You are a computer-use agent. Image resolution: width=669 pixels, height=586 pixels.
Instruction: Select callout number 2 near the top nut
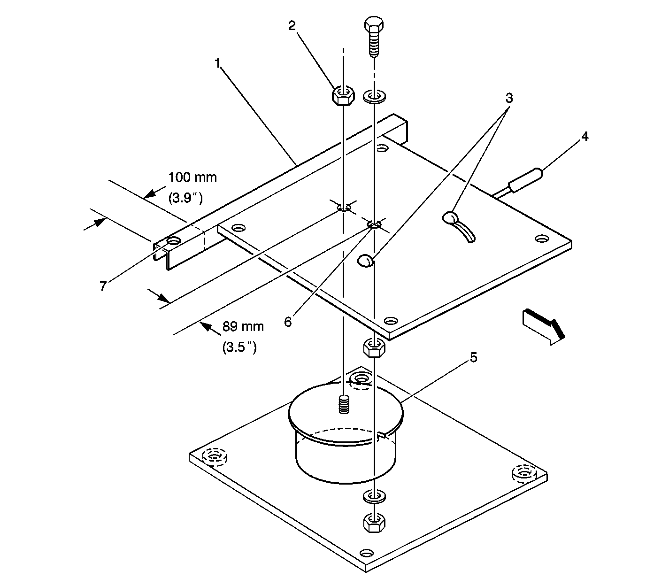point(292,25)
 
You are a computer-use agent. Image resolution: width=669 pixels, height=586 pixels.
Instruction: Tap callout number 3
point(509,99)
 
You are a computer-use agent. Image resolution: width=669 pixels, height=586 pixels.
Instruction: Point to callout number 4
point(584,137)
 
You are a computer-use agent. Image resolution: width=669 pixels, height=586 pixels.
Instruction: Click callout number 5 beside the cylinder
point(473,357)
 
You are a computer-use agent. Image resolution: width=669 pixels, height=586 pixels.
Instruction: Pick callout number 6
point(288,321)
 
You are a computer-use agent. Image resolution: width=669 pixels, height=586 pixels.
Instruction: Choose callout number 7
point(103,285)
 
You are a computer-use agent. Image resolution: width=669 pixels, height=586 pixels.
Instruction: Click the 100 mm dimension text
point(193,177)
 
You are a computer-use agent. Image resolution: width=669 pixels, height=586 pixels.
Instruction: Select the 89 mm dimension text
point(243,326)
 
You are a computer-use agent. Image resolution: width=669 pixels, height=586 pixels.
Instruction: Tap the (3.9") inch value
point(185,198)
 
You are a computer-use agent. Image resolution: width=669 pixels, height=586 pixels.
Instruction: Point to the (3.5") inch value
point(239,347)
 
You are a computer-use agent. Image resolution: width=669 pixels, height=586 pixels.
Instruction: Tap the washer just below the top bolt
point(374,97)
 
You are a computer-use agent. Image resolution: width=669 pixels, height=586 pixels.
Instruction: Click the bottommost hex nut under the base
point(374,522)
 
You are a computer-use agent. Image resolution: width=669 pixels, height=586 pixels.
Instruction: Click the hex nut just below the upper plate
point(374,348)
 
